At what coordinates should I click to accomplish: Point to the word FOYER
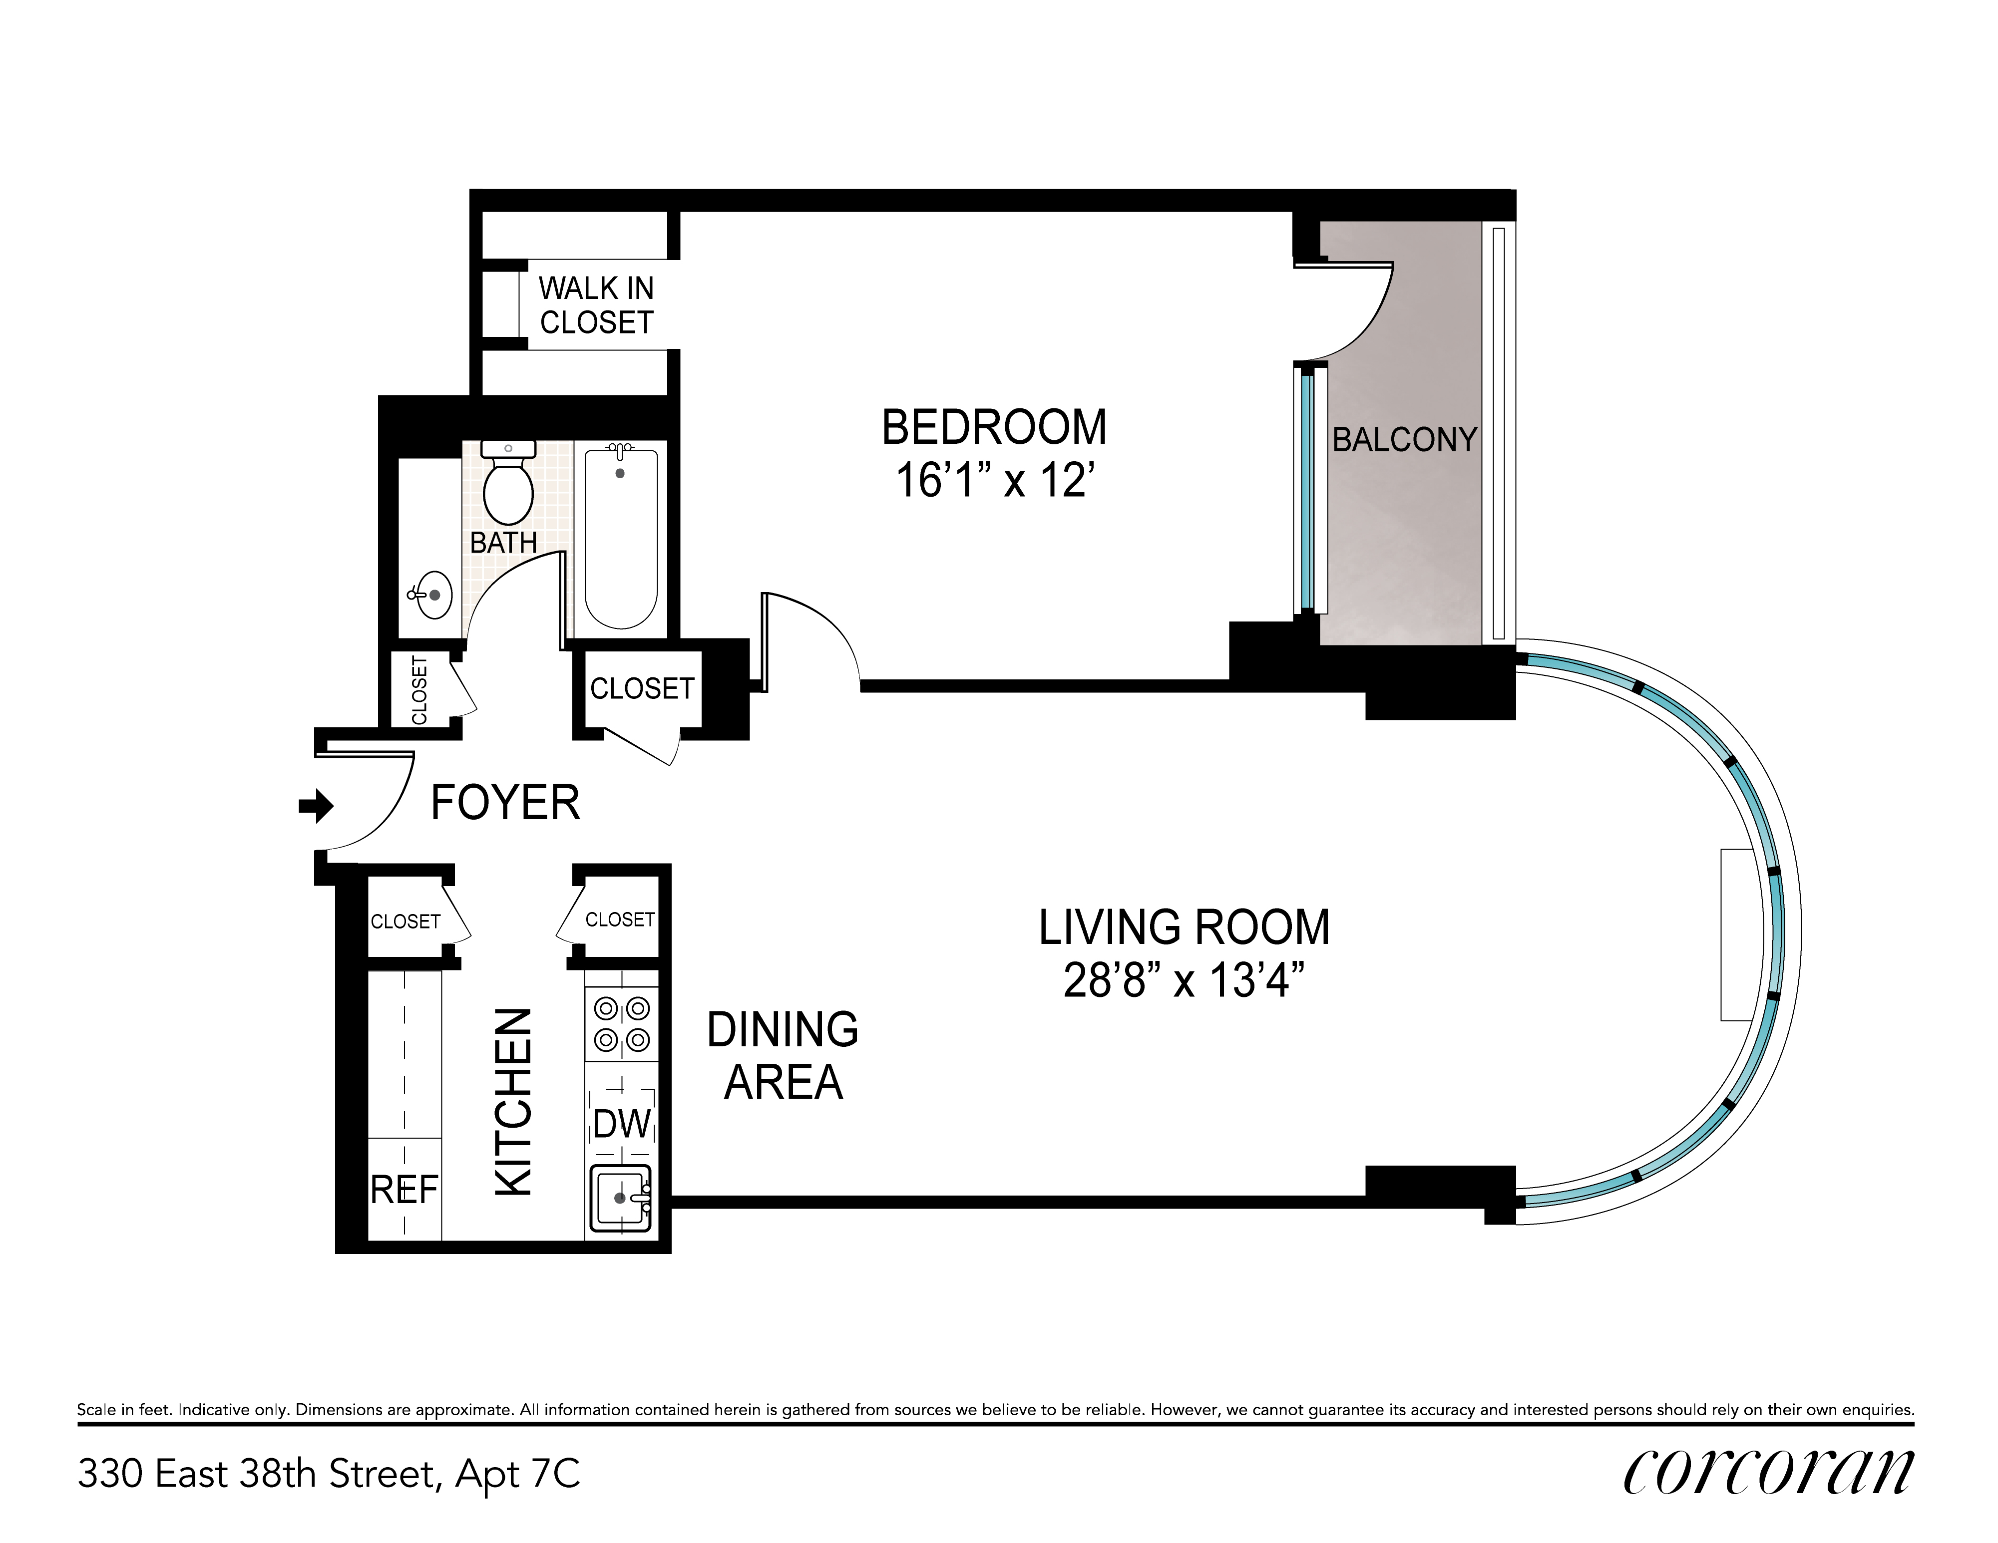point(505,803)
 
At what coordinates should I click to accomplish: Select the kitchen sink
point(620,1198)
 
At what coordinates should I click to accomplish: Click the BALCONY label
point(1404,440)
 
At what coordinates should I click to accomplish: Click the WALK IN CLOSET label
point(596,306)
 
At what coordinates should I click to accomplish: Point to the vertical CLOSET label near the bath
point(420,690)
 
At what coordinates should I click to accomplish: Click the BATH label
point(503,543)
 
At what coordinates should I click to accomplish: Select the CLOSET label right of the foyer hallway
point(642,688)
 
